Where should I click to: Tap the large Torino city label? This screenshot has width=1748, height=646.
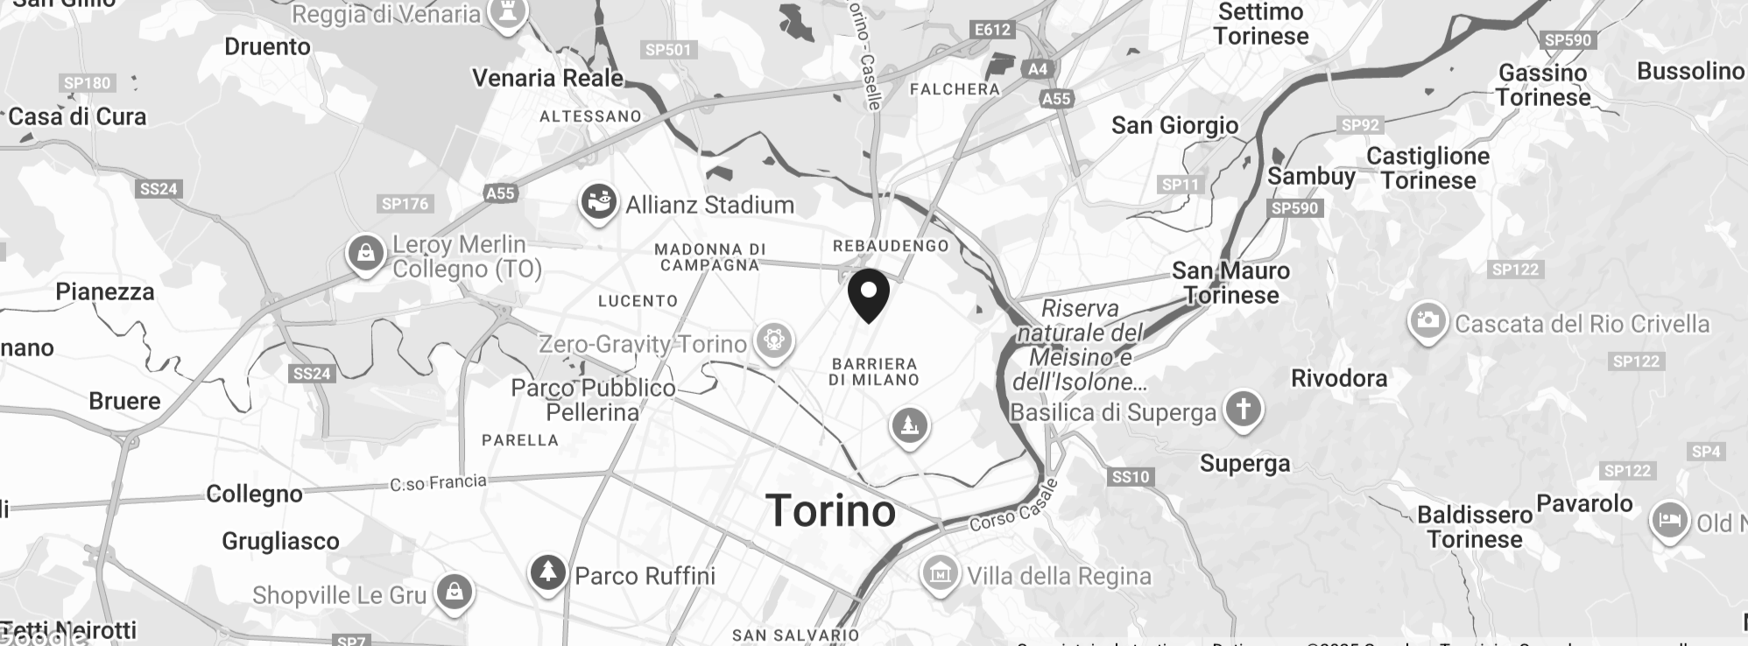(x=830, y=511)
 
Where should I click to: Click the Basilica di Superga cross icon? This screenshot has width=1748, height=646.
(x=1242, y=410)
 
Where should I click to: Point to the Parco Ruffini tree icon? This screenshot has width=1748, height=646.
(x=548, y=573)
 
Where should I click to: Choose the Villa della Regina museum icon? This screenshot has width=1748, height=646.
(x=940, y=574)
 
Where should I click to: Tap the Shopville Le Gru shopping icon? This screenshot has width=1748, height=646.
(x=455, y=593)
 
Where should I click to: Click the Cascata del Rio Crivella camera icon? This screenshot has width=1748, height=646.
(x=1427, y=321)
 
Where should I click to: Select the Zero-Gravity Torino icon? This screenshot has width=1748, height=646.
(x=773, y=340)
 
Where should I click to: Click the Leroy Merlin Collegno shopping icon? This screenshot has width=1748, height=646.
(x=365, y=254)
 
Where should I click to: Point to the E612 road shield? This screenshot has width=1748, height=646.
(x=992, y=30)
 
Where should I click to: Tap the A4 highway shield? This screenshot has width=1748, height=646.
(x=1037, y=69)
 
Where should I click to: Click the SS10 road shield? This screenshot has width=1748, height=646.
(x=1131, y=477)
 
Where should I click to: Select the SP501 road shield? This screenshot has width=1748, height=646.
(x=668, y=50)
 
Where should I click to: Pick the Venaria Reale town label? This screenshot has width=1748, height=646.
(x=548, y=78)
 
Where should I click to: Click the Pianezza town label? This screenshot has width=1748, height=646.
(x=105, y=291)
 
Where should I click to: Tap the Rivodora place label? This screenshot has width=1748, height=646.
(x=1339, y=378)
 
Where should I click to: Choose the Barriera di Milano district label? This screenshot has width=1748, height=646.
(x=874, y=372)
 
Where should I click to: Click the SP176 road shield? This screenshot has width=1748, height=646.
(x=405, y=204)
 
